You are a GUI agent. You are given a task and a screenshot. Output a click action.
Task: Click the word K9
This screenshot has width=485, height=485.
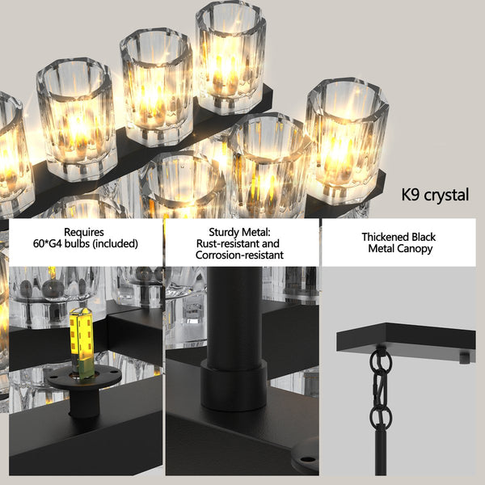coord(415,196)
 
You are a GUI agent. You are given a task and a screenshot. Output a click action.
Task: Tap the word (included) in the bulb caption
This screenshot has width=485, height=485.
coord(113,243)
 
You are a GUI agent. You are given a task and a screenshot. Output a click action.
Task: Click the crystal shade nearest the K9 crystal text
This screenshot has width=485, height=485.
coord(346,137)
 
